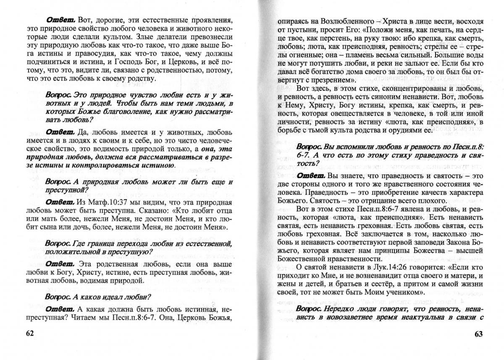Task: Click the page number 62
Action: (x=30, y=333)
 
